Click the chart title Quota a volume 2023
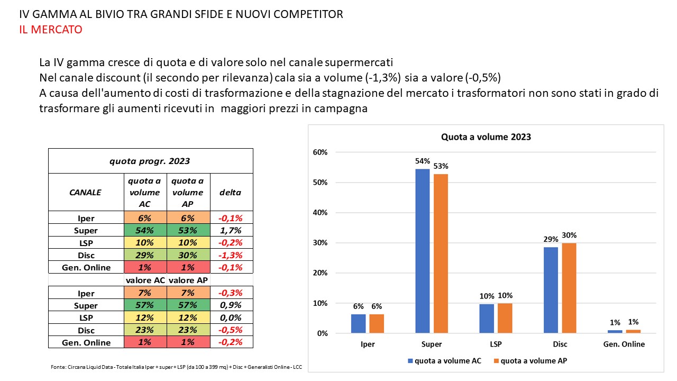486,137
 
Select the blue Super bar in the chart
423,251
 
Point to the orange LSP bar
505,318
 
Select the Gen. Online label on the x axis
624,344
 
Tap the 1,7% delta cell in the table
231,231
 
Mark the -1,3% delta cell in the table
231,255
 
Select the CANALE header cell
86,192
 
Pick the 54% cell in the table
145,231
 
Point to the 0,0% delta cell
231,317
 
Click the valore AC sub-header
145,280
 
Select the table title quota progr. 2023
150,161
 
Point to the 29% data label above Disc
550,240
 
